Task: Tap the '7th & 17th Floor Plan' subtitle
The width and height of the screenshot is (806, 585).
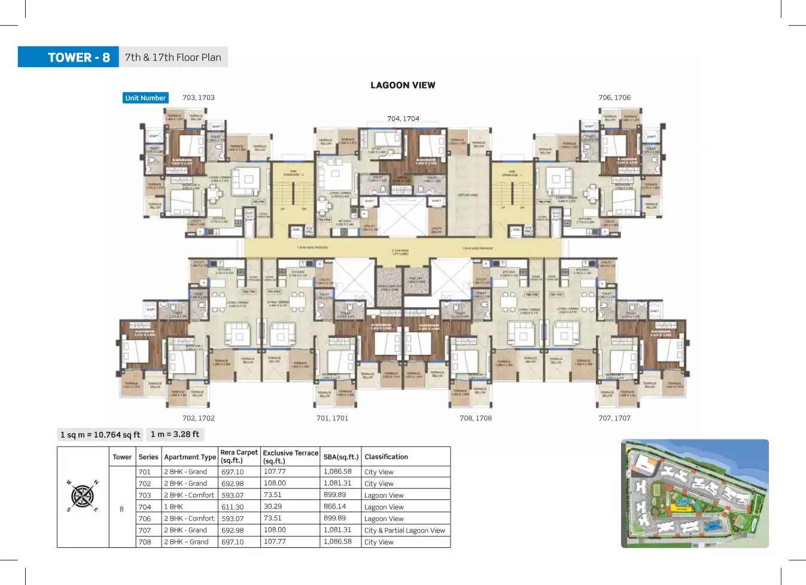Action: [x=173, y=57]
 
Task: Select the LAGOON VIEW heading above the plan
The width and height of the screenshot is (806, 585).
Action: [x=403, y=85]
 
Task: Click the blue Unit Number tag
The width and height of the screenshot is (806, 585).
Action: [x=145, y=98]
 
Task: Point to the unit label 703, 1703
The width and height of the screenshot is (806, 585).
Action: [x=199, y=98]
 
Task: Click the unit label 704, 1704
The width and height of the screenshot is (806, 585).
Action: [x=403, y=119]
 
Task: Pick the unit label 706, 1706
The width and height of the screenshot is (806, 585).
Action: [x=614, y=98]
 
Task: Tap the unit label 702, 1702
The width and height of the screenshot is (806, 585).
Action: [x=199, y=418]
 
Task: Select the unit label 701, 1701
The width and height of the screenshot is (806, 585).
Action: [x=332, y=418]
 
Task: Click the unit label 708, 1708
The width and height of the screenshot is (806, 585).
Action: [x=476, y=418]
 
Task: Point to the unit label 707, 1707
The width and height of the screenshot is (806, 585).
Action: [x=614, y=418]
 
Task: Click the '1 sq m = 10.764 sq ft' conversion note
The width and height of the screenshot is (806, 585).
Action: [x=100, y=435]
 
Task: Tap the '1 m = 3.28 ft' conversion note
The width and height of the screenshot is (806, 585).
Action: [x=175, y=434]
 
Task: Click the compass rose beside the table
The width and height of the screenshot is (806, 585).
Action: [x=83, y=496]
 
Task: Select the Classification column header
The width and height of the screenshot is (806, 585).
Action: [x=386, y=457]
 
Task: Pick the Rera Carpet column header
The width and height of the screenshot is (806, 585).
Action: [x=239, y=456]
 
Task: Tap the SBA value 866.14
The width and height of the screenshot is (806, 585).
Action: [x=334, y=507]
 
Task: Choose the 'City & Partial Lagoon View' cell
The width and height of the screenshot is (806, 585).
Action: [x=404, y=531]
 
